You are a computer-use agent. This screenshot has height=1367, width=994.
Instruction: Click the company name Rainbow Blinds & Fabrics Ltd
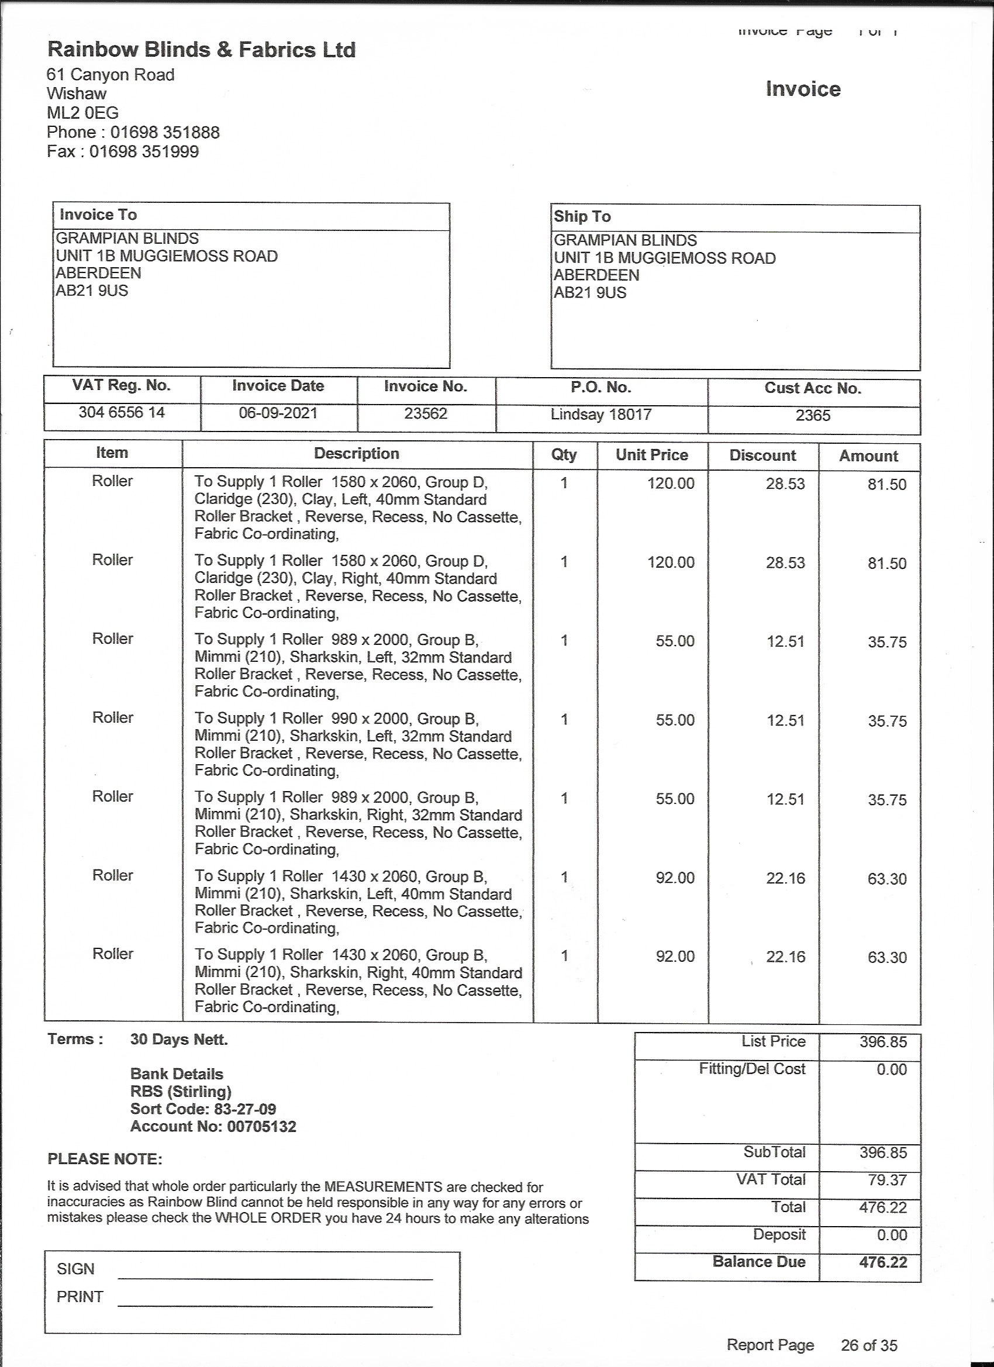(x=201, y=50)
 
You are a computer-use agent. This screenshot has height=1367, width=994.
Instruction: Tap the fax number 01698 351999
(x=144, y=151)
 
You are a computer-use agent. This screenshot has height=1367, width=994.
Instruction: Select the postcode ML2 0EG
(x=82, y=113)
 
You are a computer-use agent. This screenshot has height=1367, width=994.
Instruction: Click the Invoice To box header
(x=98, y=215)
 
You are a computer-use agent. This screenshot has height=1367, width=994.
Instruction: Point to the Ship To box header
(x=582, y=216)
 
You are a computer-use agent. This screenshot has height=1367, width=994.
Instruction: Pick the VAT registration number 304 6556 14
(x=122, y=413)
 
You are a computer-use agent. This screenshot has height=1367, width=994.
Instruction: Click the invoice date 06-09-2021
(x=278, y=413)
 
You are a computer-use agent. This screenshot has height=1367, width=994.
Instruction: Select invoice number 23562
(x=426, y=414)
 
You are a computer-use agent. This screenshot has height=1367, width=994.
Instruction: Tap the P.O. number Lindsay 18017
(x=601, y=415)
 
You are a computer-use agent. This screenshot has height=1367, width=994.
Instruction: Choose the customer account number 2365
(x=813, y=416)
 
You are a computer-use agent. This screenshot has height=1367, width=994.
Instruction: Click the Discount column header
(x=762, y=455)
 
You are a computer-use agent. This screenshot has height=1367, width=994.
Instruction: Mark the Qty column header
(x=564, y=455)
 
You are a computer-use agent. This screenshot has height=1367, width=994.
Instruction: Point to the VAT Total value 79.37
(x=888, y=1180)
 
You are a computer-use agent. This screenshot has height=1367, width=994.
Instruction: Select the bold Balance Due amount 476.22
(x=883, y=1263)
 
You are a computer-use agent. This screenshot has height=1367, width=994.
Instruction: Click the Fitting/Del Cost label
(x=752, y=1069)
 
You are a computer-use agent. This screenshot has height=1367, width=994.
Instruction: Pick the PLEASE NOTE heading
(x=105, y=1159)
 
